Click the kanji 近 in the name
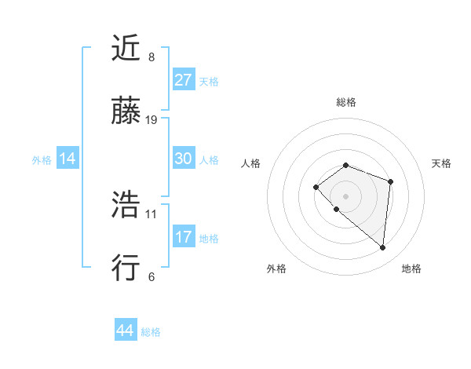(126, 48)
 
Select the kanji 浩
(126, 205)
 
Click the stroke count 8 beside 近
(152, 57)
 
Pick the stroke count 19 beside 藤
(152, 120)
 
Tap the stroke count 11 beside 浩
(152, 213)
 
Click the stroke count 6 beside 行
(152, 276)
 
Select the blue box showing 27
(184, 80)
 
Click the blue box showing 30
(184, 159)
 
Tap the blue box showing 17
(184, 237)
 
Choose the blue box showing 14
(68, 159)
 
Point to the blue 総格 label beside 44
(151, 332)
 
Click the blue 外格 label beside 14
(42, 160)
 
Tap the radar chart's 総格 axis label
(345, 102)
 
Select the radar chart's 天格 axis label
(441, 163)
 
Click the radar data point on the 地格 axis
(382, 248)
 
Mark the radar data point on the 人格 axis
(316, 187)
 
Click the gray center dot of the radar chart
(345, 195)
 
